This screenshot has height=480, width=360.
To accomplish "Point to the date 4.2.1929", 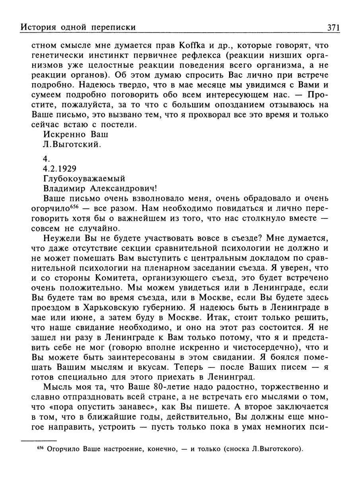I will (x=60, y=168).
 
